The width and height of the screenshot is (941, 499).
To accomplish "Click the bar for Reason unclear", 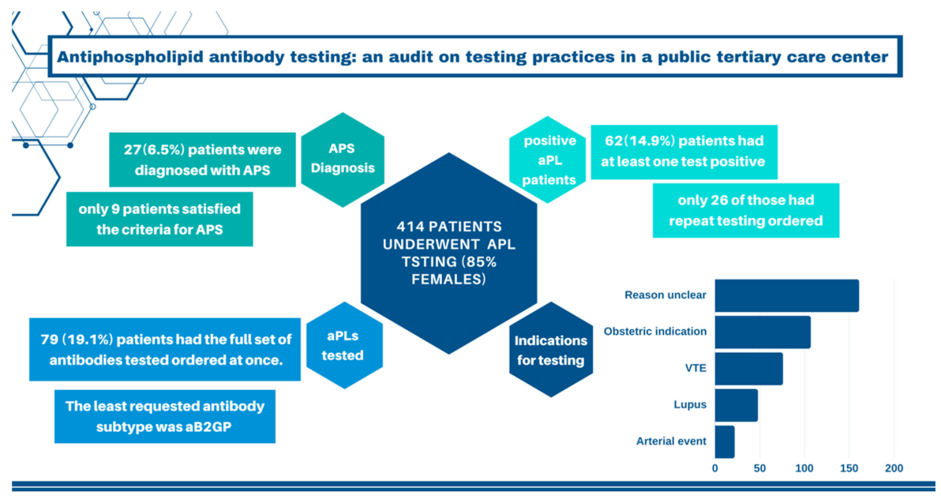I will (786, 296).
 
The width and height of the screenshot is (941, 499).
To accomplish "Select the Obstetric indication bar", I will (763, 332).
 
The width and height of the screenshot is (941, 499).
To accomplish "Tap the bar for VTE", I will (748, 369).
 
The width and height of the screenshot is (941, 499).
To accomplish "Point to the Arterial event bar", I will (725, 441).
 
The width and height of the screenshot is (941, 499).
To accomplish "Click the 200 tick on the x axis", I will (894, 468).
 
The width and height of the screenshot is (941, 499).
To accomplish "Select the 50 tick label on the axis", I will (759, 468).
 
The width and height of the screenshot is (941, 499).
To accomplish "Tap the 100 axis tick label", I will (804, 468).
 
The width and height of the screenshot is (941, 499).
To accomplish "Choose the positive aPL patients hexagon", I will (545, 157).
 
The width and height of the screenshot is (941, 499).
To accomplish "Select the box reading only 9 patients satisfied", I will (159, 219).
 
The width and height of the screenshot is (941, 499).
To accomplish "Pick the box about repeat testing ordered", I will (745, 210).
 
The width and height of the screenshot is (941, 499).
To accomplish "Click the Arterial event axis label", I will (671, 441).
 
